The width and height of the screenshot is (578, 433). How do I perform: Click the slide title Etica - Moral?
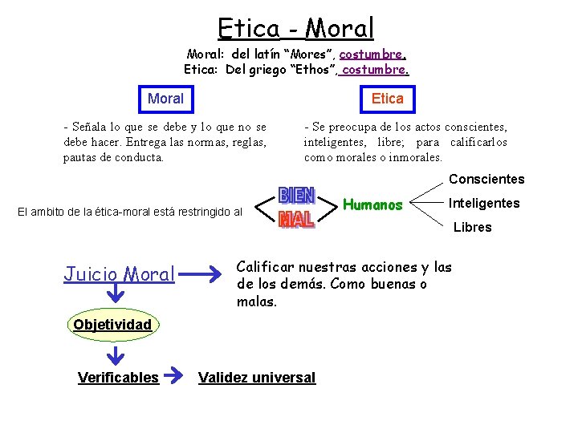click(295, 29)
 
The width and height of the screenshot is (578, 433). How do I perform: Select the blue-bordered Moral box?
click(165, 99)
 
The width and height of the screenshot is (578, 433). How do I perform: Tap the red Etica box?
click(388, 99)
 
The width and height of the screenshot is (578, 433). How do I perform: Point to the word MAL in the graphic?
click(295, 218)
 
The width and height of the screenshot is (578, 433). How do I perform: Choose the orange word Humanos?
click(372, 204)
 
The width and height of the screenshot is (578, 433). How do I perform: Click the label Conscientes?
click(486, 180)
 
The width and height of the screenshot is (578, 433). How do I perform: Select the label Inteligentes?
click(483, 204)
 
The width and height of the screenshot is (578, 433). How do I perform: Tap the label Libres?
click(472, 228)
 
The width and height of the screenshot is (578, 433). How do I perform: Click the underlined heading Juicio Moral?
click(118, 274)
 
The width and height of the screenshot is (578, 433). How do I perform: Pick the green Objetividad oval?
click(112, 325)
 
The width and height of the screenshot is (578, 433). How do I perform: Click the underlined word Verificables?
click(118, 378)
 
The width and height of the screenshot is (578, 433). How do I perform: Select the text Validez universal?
click(257, 378)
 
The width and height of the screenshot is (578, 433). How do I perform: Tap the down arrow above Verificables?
click(116, 354)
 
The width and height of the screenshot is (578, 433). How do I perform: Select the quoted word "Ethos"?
click(308, 70)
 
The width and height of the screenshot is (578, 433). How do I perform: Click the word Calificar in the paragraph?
click(267, 268)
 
